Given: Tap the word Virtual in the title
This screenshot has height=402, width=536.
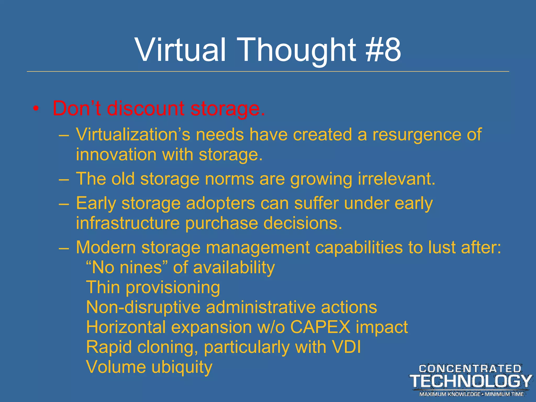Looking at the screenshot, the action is point(180,49).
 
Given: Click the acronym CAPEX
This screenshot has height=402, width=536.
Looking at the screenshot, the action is point(320,327).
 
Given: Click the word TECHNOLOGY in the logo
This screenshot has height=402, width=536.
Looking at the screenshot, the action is point(471,381).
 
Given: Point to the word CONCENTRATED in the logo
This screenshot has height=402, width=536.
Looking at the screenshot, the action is point(470,369).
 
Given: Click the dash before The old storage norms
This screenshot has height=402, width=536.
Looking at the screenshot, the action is point(64,180).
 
